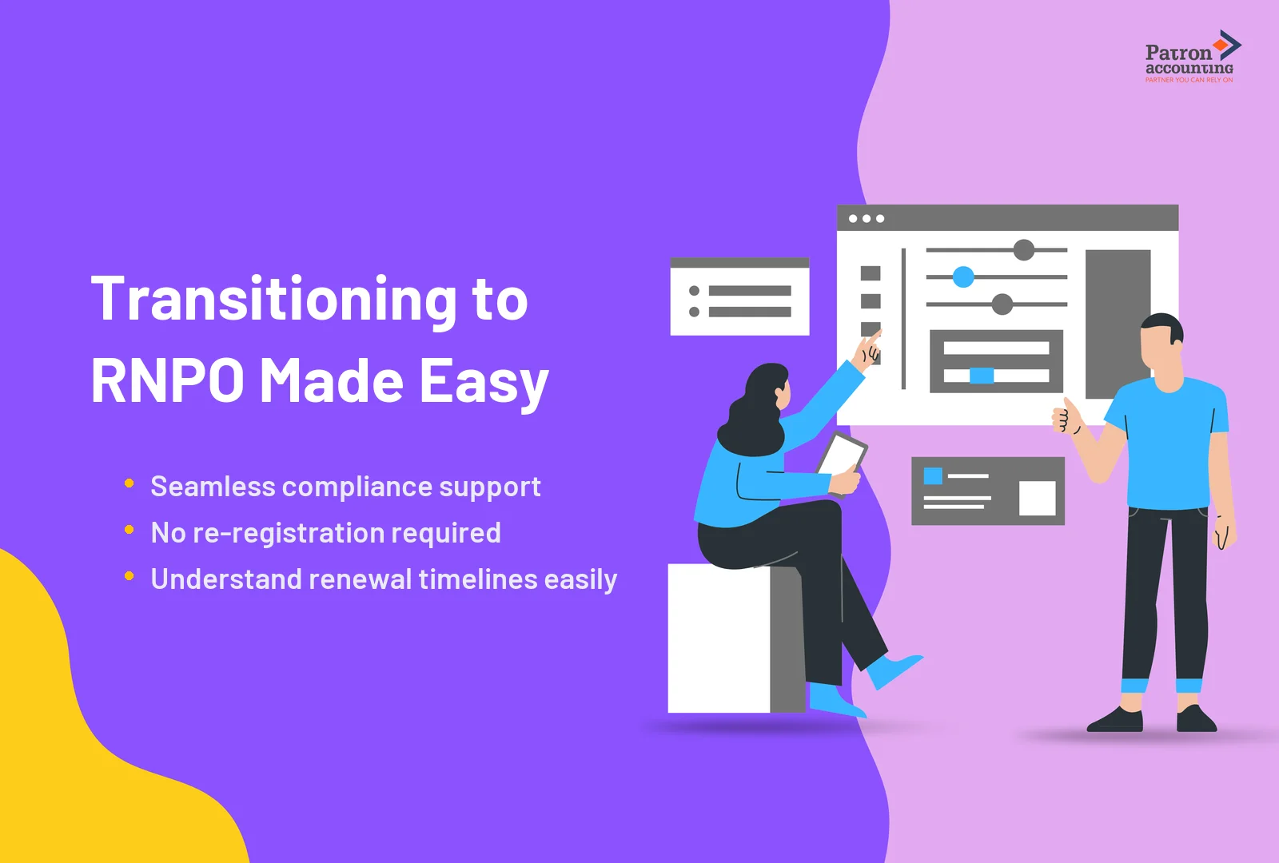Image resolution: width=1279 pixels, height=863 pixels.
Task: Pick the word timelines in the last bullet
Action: pyautogui.click(x=478, y=579)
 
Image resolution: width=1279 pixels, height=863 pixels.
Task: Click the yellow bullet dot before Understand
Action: pyautogui.click(x=129, y=576)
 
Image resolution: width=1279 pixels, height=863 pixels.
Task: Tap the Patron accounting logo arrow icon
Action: pyautogui.click(x=1227, y=46)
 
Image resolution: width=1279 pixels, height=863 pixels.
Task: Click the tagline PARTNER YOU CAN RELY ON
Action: pyautogui.click(x=1189, y=80)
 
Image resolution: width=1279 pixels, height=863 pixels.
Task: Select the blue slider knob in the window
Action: pyautogui.click(x=963, y=277)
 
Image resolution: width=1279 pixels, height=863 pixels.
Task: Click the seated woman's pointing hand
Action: pyautogui.click(x=868, y=349)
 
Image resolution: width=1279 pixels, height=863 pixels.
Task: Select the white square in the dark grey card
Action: pyautogui.click(x=1037, y=499)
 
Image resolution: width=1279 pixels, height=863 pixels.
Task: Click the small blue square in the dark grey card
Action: pyautogui.click(x=933, y=476)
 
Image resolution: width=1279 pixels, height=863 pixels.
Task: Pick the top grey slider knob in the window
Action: pyautogui.click(x=1024, y=250)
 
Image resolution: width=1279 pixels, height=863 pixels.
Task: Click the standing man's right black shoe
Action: pyautogui.click(x=1196, y=719)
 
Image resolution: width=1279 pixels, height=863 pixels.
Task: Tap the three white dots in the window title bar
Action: pyautogui.click(x=867, y=219)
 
